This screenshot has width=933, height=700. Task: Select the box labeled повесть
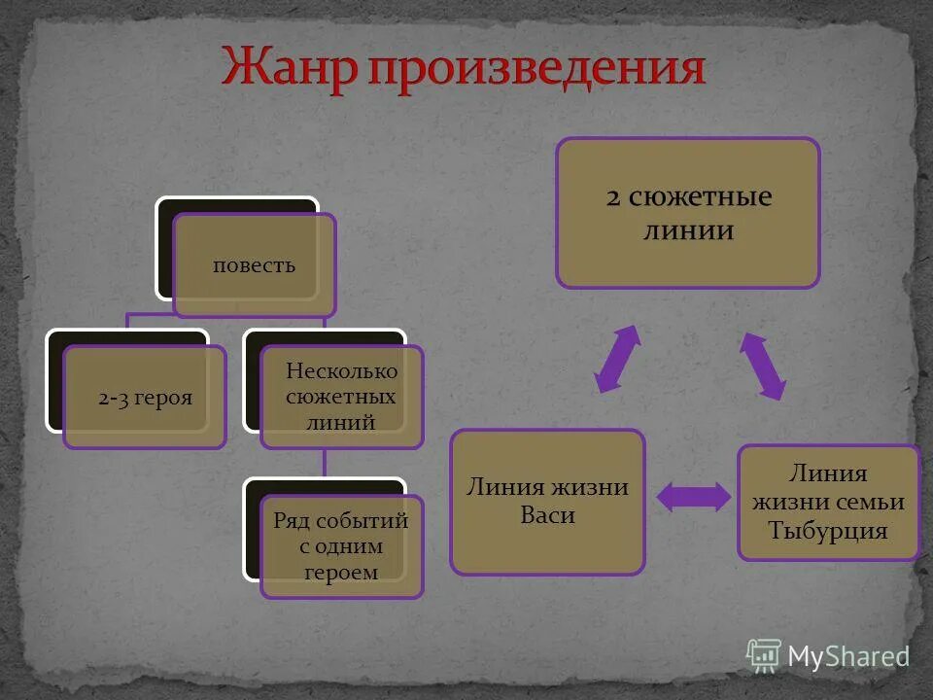point(255,265)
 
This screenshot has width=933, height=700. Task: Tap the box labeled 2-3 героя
point(145,398)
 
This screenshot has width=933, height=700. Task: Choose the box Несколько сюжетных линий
point(341,397)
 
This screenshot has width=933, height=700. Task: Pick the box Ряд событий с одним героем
point(341,546)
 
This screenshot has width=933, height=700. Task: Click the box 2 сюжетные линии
point(688,213)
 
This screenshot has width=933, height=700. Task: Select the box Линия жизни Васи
point(547,502)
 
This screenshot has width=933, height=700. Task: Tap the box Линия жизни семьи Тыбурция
point(828,503)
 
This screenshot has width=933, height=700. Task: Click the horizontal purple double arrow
point(693,497)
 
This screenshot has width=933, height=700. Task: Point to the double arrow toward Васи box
point(617,359)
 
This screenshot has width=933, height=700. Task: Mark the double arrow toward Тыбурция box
point(763,366)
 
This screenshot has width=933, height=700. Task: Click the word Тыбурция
point(828,531)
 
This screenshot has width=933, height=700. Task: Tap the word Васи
point(547,515)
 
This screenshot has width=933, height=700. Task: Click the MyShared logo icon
point(763,656)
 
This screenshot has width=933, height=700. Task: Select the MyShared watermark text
point(847,657)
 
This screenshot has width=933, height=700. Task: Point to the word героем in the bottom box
point(341,573)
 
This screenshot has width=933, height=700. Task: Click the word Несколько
point(341,370)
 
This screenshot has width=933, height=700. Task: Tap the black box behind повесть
point(165,248)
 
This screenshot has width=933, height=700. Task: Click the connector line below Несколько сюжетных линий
point(326,463)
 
